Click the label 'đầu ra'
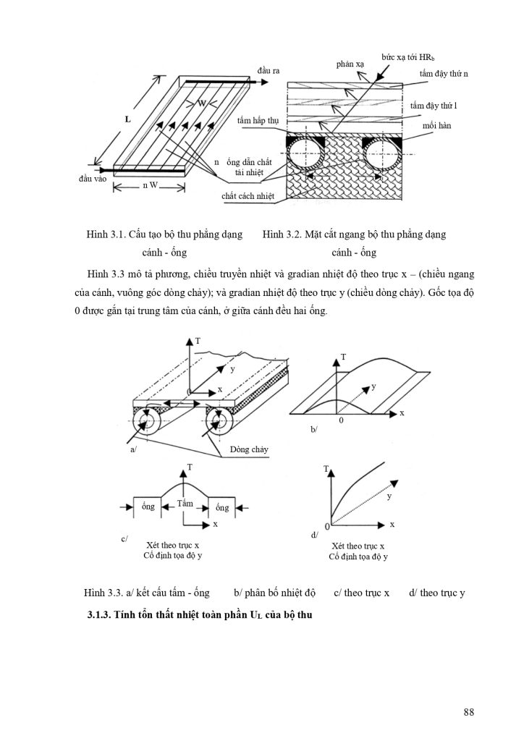pyautogui.click(x=269, y=70)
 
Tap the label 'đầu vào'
pyautogui.click(x=93, y=179)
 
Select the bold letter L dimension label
pyautogui.click(x=127, y=119)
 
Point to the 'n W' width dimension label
pyautogui.click(x=151, y=185)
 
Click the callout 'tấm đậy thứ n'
pyautogui.click(x=444, y=74)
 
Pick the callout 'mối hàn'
pyautogui.click(x=437, y=126)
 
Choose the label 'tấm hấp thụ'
pyautogui.click(x=258, y=121)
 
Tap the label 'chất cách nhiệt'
pyautogui.click(x=248, y=195)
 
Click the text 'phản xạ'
pyautogui.click(x=350, y=64)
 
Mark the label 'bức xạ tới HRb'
pyautogui.click(x=407, y=57)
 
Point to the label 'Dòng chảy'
pyautogui.click(x=249, y=449)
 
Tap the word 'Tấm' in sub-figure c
pyautogui.click(x=185, y=503)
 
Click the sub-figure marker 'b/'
pyautogui.click(x=314, y=429)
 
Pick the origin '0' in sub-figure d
pyautogui.click(x=326, y=526)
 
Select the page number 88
pyautogui.click(x=469, y=712)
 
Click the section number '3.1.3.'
pyautogui.click(x=98, y=615)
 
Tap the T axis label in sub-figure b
pyautogui.click(x=343, y=357)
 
